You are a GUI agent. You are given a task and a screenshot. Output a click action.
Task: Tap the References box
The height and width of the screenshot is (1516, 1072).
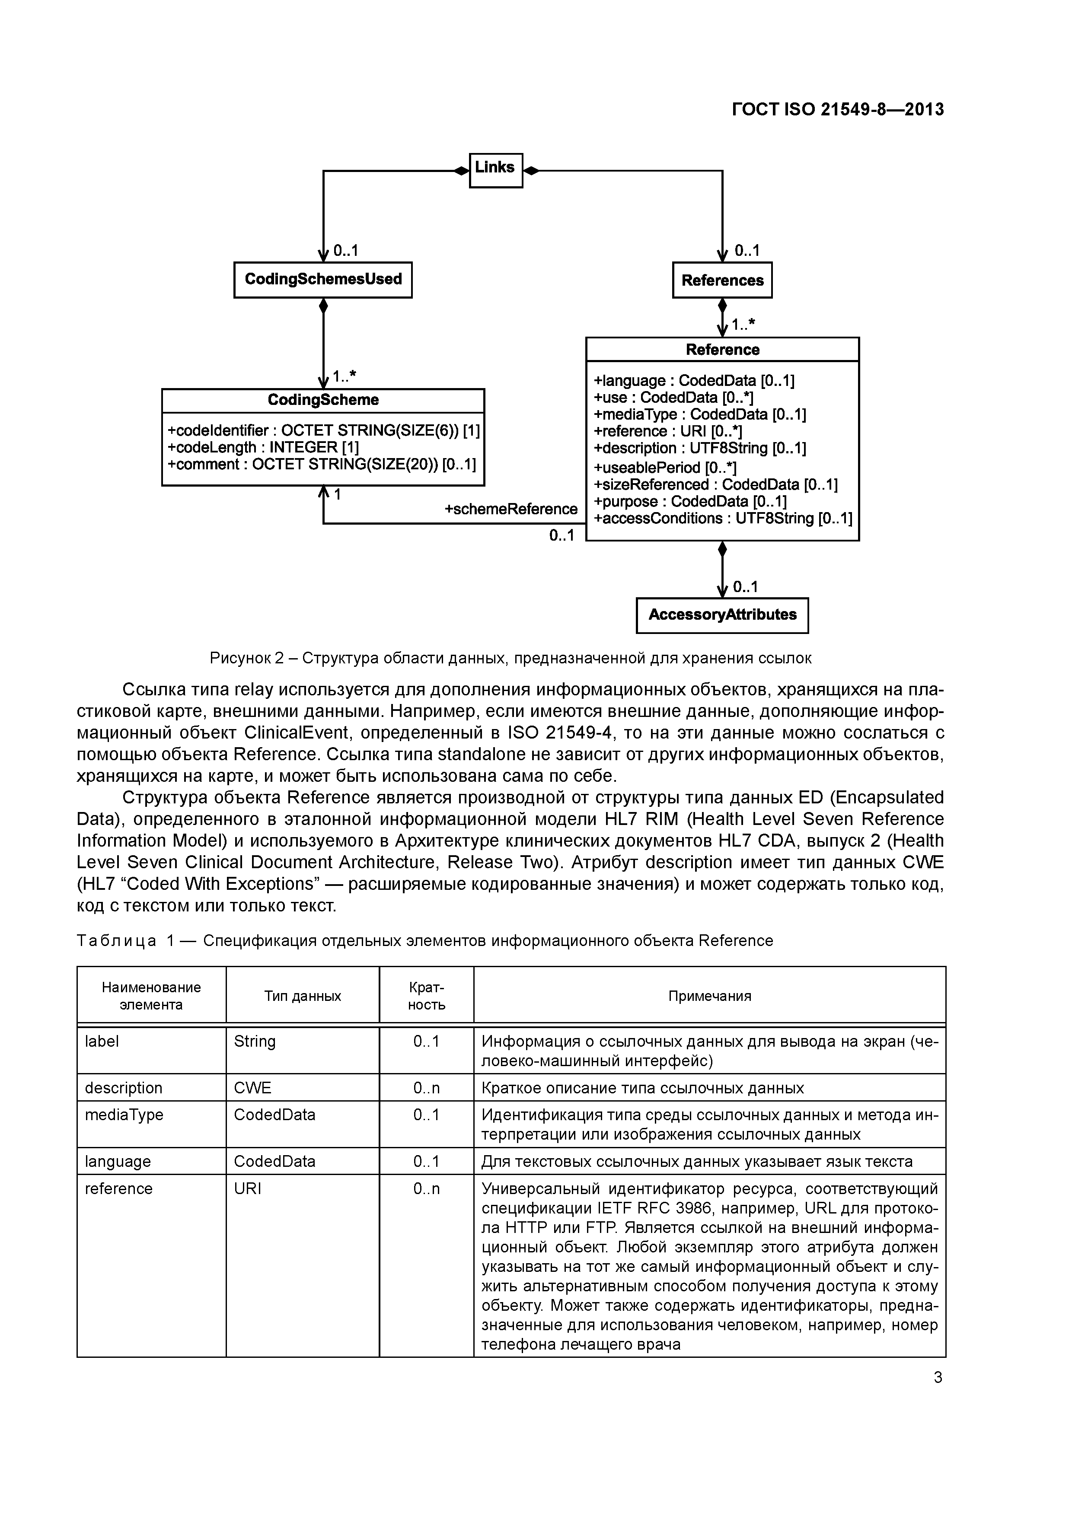point(722,280)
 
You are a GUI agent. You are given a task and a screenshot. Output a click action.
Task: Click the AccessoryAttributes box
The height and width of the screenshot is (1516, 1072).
point(722,615)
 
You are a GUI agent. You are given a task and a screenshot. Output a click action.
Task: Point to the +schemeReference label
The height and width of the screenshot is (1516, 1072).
point(510,509)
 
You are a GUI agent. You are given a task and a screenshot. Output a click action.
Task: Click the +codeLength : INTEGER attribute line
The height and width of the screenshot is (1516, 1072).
point(262,448)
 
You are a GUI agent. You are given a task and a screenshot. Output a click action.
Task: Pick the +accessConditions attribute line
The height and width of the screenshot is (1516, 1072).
point(723,518)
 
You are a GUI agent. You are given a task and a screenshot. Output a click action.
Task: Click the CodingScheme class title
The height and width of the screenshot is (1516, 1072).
point(322,400)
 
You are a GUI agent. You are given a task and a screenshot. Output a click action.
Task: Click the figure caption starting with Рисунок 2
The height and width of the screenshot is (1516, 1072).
point(510,658)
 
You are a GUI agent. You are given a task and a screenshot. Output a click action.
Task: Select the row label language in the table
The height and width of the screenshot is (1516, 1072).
point(118,1162)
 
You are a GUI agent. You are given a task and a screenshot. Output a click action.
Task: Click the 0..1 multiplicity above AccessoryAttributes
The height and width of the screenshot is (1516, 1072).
point(745,587)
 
